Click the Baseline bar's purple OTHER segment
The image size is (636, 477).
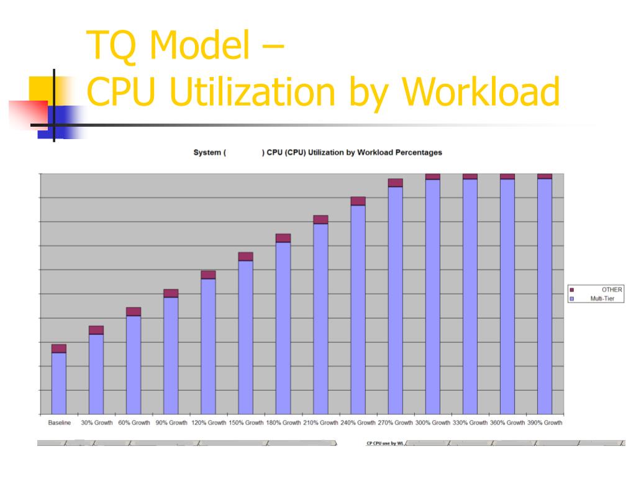click(x=59, y=348)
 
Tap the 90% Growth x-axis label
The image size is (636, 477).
click(x=171, y=423)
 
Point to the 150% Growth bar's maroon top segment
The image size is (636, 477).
click(x=245, y=257)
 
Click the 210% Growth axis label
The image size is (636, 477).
click(x=320, y=423)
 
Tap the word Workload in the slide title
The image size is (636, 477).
click(x=481, y=92)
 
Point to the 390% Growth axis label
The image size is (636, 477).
click(x=544, y=423)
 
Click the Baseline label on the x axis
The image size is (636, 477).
click(x=60, y=423)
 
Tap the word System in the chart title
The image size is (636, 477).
click(x=207, y=152)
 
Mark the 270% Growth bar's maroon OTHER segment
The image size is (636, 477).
click(x=395, y=183)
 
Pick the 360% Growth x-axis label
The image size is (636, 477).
click(x=507, y=423)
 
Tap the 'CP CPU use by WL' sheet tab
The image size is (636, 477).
click(x=384, y=443)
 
